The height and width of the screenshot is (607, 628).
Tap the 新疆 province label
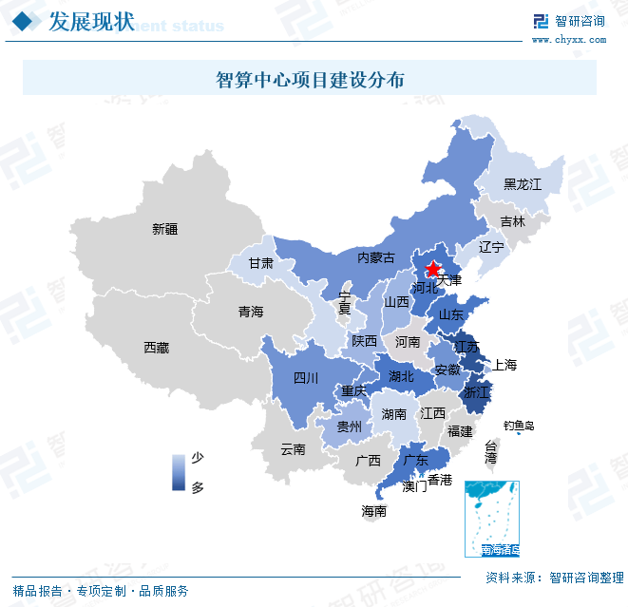[x=164, y=229]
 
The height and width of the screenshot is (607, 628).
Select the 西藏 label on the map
[x=156, y=348]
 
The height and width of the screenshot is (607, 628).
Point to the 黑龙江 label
[x=522, y=184]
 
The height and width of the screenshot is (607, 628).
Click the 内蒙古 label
[x=375, y=257]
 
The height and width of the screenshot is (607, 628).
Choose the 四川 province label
[x=306, y=378]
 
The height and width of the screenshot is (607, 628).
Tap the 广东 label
[x=415, y=460]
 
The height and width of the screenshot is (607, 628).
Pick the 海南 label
[x=373, y=511]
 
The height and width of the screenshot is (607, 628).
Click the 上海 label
[x=504, y=365]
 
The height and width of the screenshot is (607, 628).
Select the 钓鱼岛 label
[x=519, y=427]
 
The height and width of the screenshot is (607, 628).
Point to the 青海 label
[x=251, y=312]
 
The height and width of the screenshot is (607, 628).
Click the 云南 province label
[x=293, y=449]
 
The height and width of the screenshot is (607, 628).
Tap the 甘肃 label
[x=260, y=263]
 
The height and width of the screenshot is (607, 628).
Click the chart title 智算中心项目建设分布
[x=310, y=79]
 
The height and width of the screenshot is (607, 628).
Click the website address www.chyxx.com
[x=568, y=40]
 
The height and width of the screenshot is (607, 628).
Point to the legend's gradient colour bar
[x=178, y=472]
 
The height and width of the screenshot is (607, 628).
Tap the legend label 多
[x=198, y=487]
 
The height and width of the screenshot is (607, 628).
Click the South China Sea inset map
[x=491, y=519]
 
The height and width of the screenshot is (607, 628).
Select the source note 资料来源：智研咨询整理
[x=554, y=578]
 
